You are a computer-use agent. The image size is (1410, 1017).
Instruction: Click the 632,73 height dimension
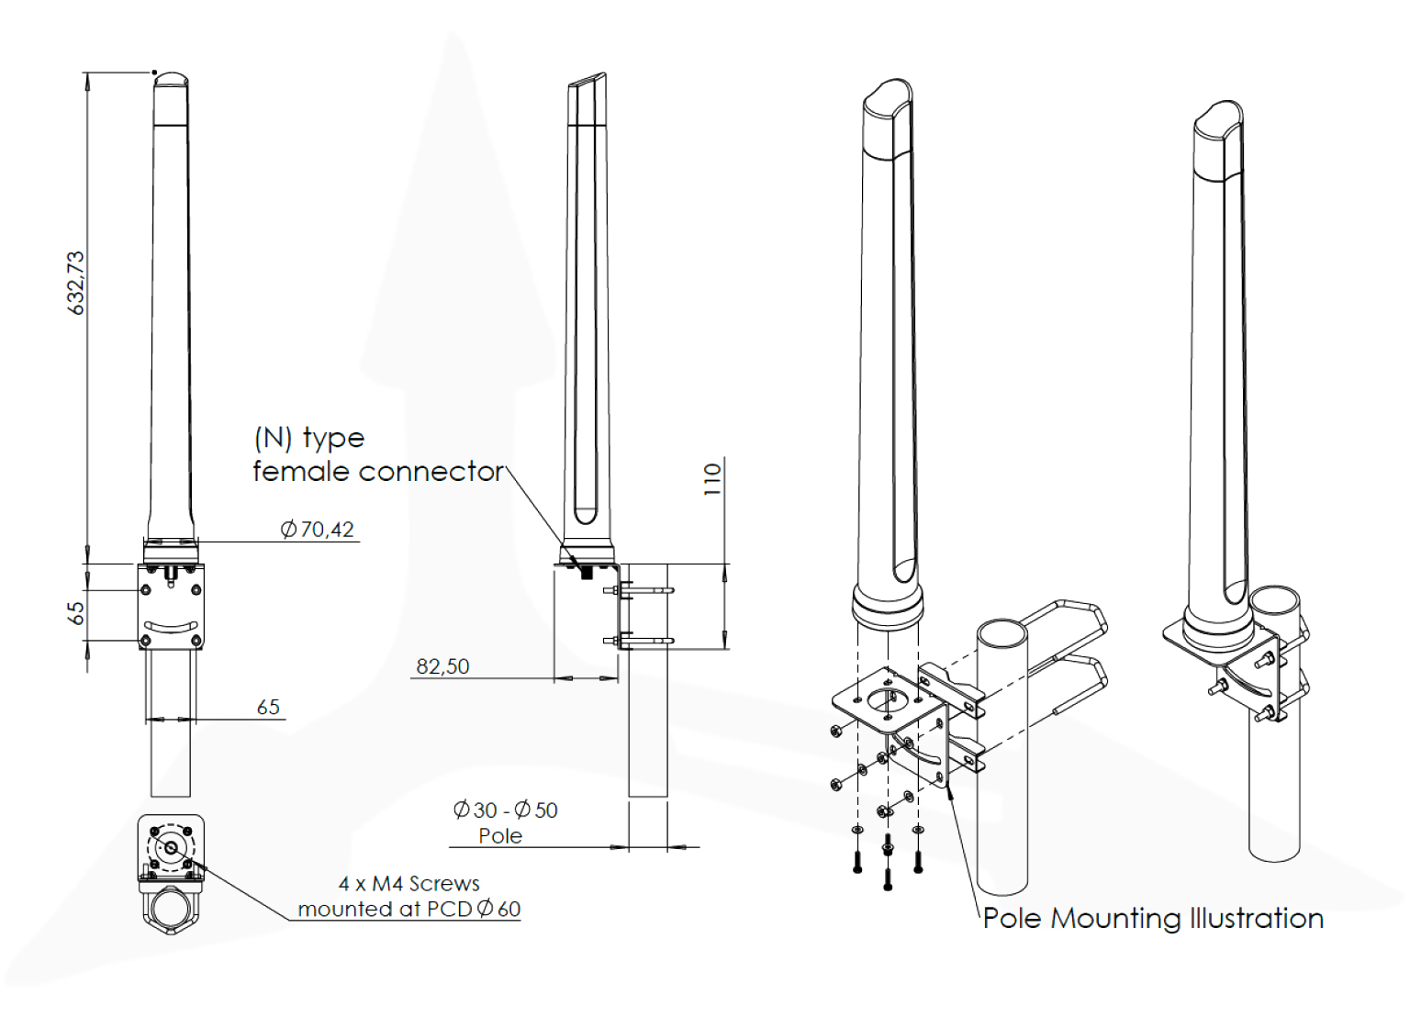(76, 283)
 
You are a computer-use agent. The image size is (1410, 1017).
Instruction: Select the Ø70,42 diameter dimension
(318, 530)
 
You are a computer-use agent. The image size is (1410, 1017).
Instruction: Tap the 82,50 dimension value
(442, 666)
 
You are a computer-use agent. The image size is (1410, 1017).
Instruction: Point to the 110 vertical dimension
(713, 479)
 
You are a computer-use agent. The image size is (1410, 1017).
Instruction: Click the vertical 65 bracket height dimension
(76, 613)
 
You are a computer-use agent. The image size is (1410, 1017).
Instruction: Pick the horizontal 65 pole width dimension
(268, 707)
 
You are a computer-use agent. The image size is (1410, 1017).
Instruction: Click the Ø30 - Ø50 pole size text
(505, 810)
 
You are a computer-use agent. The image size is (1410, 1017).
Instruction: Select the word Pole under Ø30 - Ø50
(500, 836)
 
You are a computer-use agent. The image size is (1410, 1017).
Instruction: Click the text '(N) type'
(309, 438)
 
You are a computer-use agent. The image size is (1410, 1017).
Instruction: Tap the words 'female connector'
(378, 472)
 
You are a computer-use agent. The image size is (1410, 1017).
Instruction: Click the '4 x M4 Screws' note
(409, 883)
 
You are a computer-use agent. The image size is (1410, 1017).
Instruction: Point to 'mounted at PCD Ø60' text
(409, 909)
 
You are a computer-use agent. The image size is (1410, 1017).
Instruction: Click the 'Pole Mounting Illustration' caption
(1153, 918)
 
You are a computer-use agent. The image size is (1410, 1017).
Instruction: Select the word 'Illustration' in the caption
(1257, 918)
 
